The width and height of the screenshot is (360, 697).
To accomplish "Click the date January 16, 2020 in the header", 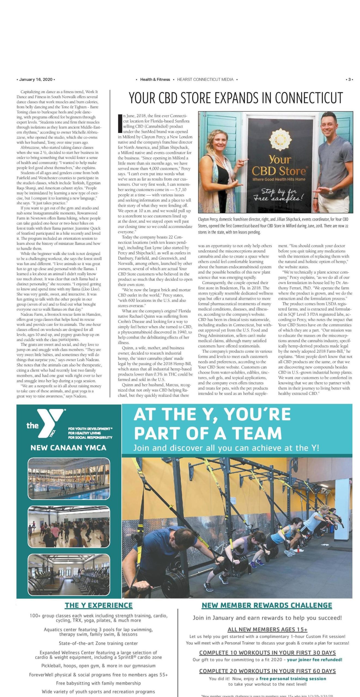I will (36, 80).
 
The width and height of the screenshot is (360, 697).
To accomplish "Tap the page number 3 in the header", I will (349, 80).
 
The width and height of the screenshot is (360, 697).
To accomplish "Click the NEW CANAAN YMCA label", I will (68, 448).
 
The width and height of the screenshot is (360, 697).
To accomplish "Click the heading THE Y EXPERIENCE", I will (99, 605).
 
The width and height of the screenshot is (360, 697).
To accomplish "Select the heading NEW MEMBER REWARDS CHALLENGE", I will (267, 605).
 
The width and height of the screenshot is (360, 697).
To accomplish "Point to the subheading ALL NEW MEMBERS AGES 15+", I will (267, 629).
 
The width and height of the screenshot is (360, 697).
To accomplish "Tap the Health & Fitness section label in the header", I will (155, 80).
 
